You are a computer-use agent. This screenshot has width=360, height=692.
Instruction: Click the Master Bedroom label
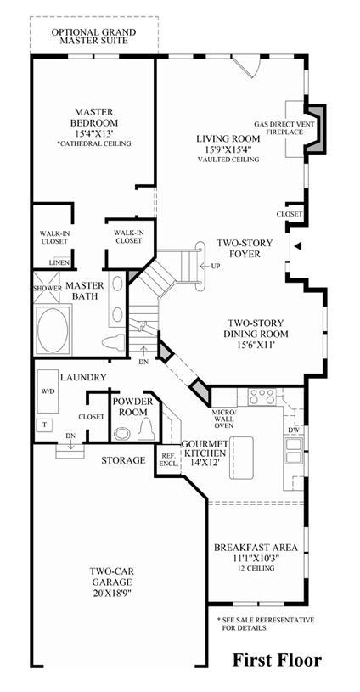93,116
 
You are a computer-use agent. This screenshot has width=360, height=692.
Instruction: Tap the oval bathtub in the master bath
53,329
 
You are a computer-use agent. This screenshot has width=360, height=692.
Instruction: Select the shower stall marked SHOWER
47,287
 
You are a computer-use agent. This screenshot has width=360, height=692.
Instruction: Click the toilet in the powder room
145,429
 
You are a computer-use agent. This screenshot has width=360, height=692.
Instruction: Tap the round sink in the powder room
121,434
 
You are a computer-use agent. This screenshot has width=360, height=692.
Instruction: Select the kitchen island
241,458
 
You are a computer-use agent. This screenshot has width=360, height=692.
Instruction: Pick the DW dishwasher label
294,430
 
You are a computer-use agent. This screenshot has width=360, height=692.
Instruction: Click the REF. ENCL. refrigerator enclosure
168,459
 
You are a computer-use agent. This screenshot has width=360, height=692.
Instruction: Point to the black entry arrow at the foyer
298,246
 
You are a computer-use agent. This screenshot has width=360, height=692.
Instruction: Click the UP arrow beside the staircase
209,266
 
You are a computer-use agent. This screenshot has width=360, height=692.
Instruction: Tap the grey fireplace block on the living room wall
316,129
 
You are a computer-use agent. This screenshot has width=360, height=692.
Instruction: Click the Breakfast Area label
256,548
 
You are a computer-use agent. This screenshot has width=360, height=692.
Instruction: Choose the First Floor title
277,661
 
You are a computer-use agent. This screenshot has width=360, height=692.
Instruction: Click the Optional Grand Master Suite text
93,37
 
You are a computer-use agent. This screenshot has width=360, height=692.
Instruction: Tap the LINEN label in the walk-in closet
59,263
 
